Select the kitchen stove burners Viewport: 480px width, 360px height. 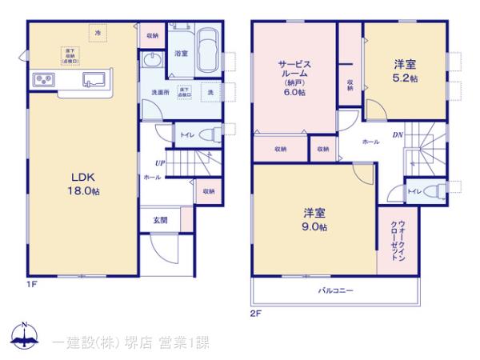[x=43, y=81]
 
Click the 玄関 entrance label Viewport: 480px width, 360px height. [x=161, y=220]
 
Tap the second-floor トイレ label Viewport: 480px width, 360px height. [x=415, y=191]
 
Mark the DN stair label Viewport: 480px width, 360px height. [x=398, y=134]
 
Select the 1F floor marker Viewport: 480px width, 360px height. [x=31, y=284]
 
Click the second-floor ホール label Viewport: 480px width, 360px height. [x=371, y=141]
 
